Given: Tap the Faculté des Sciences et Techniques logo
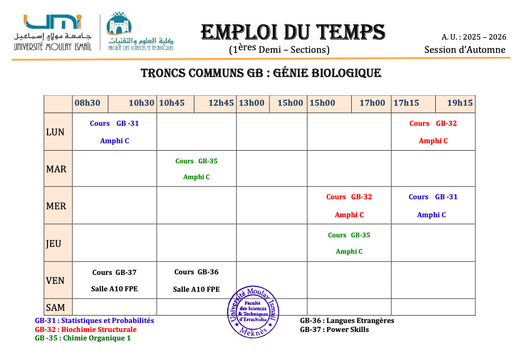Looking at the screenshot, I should pos(141,32).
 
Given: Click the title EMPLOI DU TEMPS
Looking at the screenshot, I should pos(293,32).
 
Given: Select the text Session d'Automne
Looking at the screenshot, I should pos(464,50).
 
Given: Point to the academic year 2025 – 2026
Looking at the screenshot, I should pos(474,37).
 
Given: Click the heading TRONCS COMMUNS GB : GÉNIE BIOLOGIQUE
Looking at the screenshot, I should pos(260,73).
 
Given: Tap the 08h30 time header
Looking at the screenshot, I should pos(87,103).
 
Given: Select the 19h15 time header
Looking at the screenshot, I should pos(460,103).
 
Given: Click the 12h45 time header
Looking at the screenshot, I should pos(221,103).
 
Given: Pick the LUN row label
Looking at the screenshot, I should pos(55,132).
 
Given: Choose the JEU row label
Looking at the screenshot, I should pos(54,244).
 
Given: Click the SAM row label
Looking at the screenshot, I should pos(55,308).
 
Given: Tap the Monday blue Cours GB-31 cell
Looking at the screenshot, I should pos(115,132).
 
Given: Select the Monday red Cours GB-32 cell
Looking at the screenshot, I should pos(433,132).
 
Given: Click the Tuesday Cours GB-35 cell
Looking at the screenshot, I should pos(196,169).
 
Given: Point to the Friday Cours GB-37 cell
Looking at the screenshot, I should pos(115,281).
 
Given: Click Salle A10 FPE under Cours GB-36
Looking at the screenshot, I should pos(196,290).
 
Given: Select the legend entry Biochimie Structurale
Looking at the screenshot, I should pos(86,329).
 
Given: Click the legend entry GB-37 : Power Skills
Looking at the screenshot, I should pos(334,329).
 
